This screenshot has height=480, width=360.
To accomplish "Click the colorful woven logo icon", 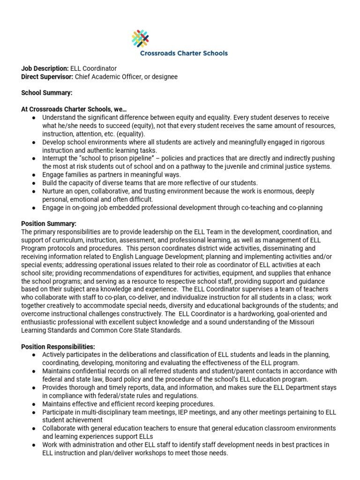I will click(140, 39).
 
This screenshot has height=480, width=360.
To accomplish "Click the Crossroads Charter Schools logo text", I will click(184, 53).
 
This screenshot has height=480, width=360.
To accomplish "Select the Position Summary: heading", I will click(49, 224).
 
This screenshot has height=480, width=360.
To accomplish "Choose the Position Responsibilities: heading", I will click(58, 346).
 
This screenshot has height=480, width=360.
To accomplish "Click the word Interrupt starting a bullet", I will click(55, 158).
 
